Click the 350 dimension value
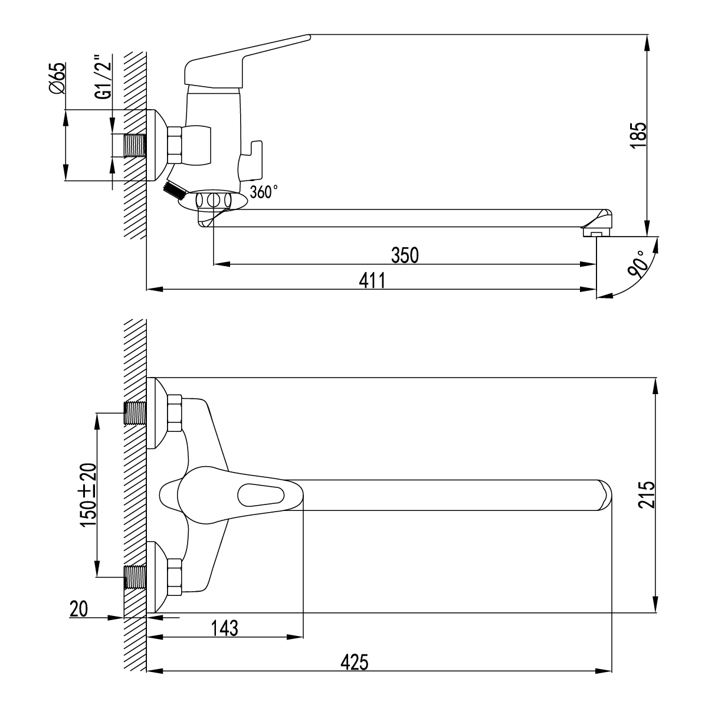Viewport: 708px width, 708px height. (x=405, y=255)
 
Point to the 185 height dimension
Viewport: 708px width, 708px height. (x=639, y=136)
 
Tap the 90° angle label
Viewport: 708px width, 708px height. (x=638, y=264)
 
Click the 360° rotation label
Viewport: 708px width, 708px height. (x=264, y=192)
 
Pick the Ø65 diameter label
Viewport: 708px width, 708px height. (x=57, y=77)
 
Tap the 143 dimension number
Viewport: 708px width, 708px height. (x=224, y=628)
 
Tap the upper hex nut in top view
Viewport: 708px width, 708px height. (x=175, y=414)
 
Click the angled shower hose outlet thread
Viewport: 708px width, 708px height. (x=173, y=191)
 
